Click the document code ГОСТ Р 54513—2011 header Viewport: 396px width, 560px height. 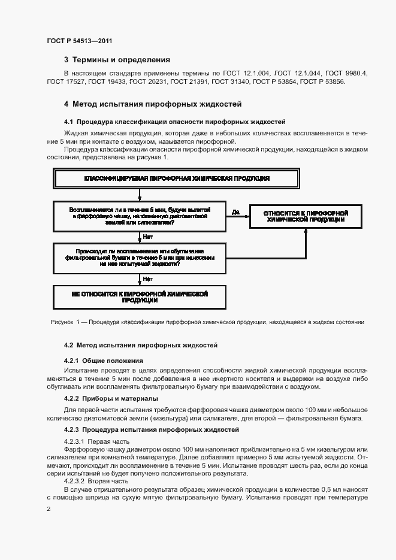[x=79, y=41]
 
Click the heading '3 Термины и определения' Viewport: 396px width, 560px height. [x=117, y=60]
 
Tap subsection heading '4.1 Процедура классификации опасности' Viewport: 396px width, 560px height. [x=174, y=121]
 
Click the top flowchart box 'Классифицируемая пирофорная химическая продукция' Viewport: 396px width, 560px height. [x=176, y=178]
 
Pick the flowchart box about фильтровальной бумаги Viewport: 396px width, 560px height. [x=139, y=257]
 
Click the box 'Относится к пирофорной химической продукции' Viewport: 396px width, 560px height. [x=306, y=216]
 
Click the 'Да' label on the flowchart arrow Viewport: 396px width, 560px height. [x=235, y=211]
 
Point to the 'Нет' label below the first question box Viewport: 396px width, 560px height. [x=147, y=237]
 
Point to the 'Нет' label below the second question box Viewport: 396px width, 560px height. [x=147, y=279]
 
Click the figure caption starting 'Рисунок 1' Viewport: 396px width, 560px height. [x=207, y=322]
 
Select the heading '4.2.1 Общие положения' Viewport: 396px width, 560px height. [x=103, y=361]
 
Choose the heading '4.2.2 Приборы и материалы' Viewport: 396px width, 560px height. [x=111, y=398]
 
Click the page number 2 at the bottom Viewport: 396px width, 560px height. [x=49, y=509]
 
